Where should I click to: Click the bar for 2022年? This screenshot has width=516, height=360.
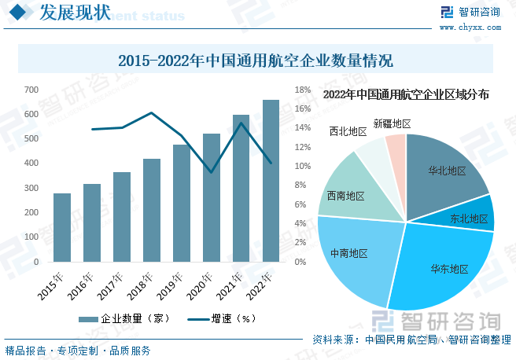271,181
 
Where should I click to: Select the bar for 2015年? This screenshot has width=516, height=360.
62,227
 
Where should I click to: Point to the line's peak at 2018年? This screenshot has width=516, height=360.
152,112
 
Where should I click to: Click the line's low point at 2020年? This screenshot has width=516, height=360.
211,172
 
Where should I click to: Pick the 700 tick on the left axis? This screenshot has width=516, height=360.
31,90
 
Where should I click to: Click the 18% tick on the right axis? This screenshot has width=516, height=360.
304,90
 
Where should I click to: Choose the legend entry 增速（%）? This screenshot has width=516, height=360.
224,319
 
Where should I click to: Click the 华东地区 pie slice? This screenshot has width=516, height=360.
440,267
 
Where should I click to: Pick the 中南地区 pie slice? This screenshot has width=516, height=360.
350,253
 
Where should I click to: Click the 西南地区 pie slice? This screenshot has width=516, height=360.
346,194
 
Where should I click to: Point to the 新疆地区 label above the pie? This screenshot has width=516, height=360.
392,123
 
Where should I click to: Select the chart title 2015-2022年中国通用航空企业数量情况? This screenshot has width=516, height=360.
255,61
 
